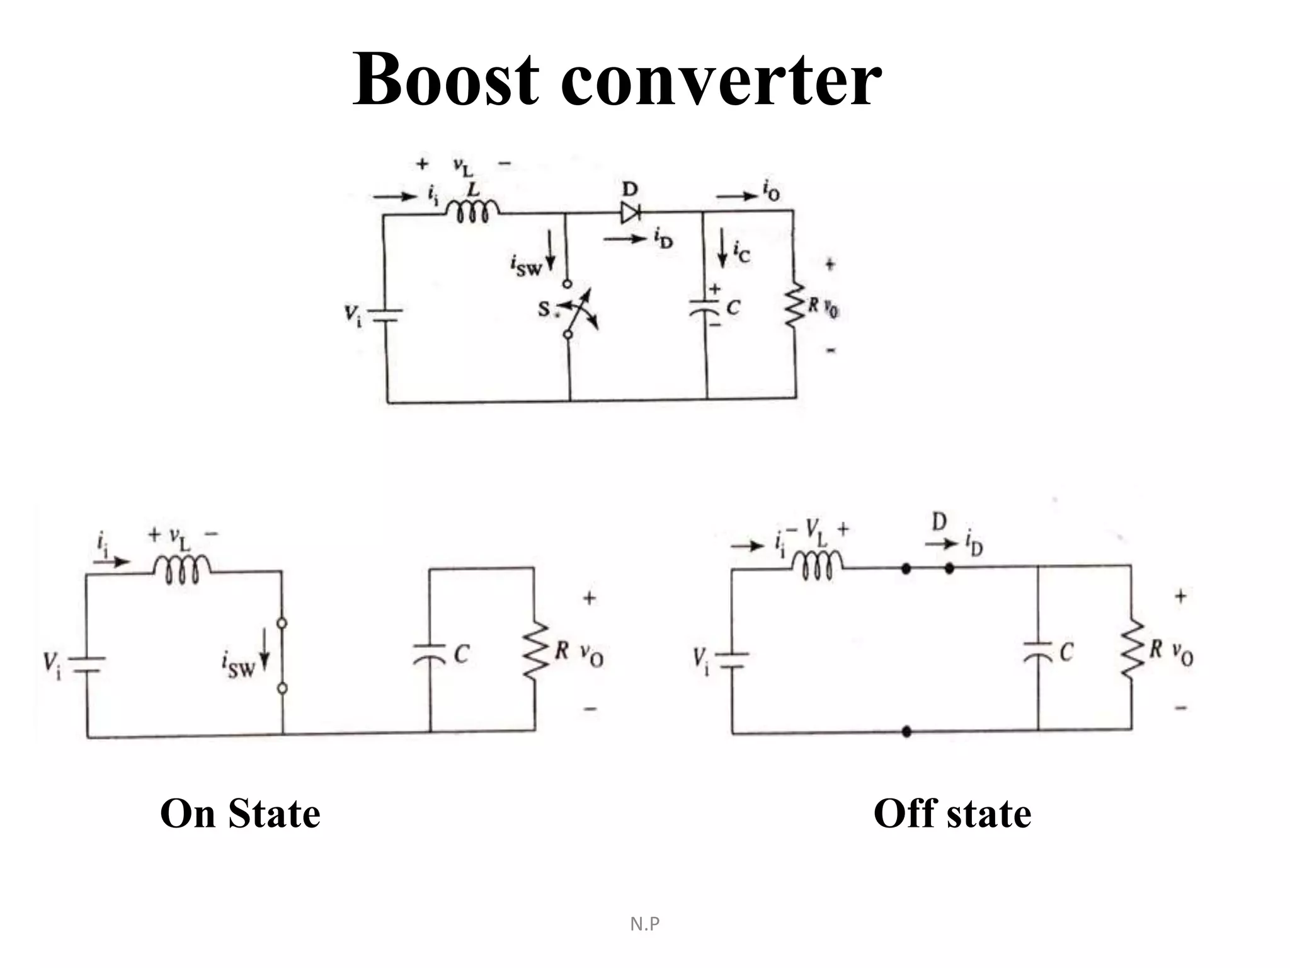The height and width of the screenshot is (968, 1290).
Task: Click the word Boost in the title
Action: [x=445, y=79]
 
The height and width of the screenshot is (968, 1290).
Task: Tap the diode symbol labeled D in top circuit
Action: [x=630, y=213]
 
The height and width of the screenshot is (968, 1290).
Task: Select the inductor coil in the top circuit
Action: [x=473, y=210]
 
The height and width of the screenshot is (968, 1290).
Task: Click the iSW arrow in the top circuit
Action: [x=551, y=251]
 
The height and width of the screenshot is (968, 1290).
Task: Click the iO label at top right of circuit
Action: [x=770, y=190]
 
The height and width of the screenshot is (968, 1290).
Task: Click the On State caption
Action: [x=240, y=813]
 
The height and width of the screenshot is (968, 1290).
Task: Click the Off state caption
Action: [x=952, y=813]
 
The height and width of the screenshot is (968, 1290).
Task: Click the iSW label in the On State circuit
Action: [x=238, y=665]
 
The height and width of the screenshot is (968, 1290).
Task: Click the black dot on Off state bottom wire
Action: [x=906, y=732]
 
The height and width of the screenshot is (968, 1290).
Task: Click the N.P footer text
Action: [x=645, y=924]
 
